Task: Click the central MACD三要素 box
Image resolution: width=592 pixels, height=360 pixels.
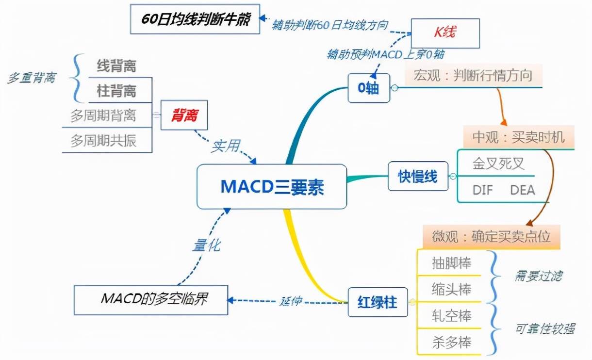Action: pyautogui.click(x=272, y=187)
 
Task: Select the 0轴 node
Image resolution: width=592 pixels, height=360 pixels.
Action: pyautogui.click(x=369, y=88)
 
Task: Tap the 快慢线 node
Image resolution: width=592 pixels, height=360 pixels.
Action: pyautogui.click(x=418, y=176)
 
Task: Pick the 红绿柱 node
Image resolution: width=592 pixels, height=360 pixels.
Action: pyautogui.click(x=378, y=302)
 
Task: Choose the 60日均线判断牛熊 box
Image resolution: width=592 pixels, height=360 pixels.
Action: pyautogui.click(x=194, y=19)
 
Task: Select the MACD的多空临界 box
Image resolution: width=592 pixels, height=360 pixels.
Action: pyautogui.click(x=150, y=299)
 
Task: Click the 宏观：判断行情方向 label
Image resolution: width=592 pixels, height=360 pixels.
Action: pyautogui.click(x=473, y=75)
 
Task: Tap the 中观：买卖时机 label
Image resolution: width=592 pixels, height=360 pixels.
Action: pyautogui.click(x=519, y=137)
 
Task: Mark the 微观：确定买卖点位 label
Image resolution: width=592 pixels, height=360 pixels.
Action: pyautogui.click(x=492, y=236)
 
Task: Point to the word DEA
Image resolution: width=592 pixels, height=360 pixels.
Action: pyautogui.click(x=522, y=190)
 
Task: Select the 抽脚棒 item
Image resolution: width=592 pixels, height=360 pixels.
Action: pyautogui.click(x=451, y=263)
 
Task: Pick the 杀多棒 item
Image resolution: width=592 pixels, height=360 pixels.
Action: pyautogui.click(x=451, y=343)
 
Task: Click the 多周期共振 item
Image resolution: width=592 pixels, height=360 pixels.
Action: pyautogui.click(x=103, y=141)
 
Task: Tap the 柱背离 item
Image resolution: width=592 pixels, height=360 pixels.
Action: pyautogui.click(x=116, y=90)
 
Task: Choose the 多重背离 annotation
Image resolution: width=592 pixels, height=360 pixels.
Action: pyautogui.click(x=31, y=78)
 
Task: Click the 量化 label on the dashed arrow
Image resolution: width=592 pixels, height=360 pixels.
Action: pyautogui.click(x=205, y=245)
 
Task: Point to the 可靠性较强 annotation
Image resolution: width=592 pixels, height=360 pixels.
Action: pyautogui.click(x=544, y=329)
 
